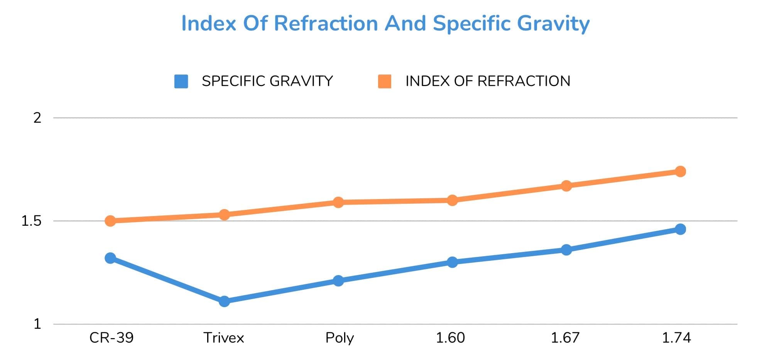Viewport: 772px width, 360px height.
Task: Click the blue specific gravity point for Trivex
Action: pos(224,301)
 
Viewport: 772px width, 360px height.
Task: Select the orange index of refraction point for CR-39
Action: pos(110,221)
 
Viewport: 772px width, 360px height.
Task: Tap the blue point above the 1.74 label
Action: pos(680,229)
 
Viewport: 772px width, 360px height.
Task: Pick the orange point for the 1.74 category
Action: pos(680,171)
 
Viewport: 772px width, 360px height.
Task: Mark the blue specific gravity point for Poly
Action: pos(338,281)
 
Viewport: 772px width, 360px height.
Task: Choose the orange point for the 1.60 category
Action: pos(452,200)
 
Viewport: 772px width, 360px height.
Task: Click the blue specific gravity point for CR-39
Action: pos(110,258)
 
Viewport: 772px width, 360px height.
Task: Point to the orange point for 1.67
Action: pos(566,186)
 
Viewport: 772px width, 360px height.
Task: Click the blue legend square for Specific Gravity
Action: pos(181,81)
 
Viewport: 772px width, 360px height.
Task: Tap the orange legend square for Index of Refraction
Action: pos(384,81)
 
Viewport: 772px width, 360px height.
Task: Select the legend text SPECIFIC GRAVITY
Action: pos(267,81)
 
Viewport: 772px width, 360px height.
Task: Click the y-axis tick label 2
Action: pos(37,118)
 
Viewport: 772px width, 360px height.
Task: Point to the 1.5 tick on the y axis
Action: pos(31,221)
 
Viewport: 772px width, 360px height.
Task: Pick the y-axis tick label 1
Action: pos(37,324)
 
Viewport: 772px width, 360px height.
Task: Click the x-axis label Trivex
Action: pos(224,338)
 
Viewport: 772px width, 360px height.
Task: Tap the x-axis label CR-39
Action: pos(111,338)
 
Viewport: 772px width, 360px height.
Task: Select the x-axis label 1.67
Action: pos(565,338)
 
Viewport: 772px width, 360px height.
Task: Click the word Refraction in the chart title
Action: pos(326,23)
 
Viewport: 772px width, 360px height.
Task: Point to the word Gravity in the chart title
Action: pos(553,24)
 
